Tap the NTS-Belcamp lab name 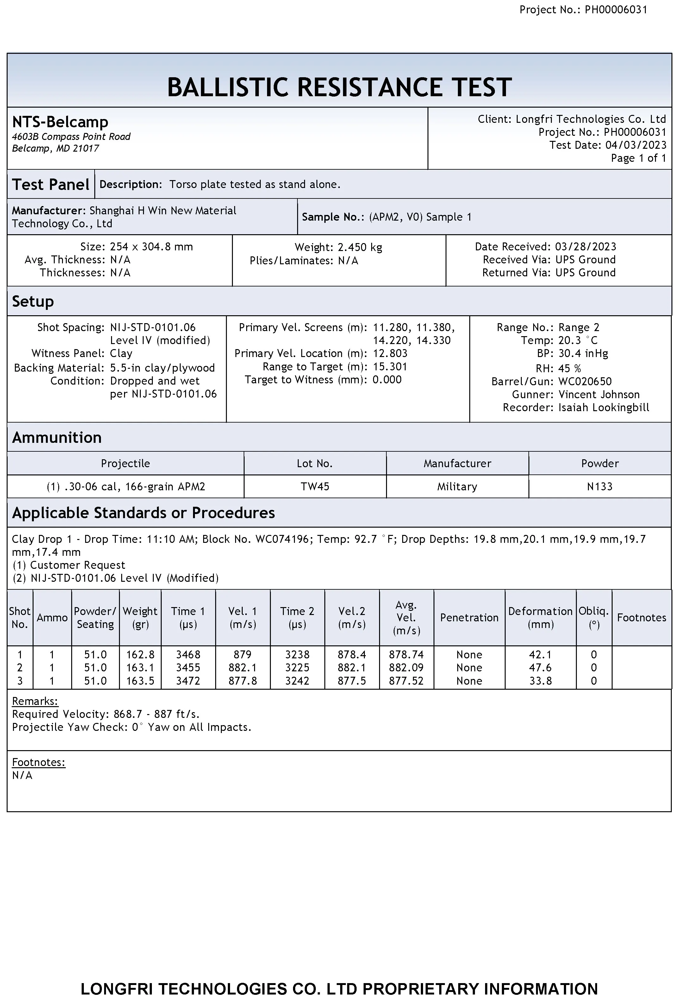pos(60,122)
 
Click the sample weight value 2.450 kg pos(360,248)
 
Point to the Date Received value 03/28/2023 pos(585,247)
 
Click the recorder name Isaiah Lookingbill pos(603,407)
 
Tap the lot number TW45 pos(315,486)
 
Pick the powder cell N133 pos(600,486)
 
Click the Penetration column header pos(469,618)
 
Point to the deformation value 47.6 pos(540,668)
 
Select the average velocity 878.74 pos(406,655)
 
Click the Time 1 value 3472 pos(188,681)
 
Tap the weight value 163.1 pos(140,668)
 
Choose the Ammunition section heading pos(57,438)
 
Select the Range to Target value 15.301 pos(390,367)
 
